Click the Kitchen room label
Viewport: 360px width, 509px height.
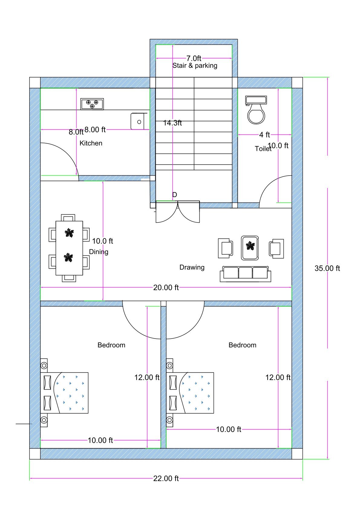click(91, 143)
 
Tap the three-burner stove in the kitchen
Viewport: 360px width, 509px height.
click(92, 104)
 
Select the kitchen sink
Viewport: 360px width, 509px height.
click(139, 122)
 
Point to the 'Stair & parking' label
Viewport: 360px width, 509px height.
click(195, 66)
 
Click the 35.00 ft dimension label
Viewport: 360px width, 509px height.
click(327, 268)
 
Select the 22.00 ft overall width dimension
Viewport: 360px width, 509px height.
click(166, 478)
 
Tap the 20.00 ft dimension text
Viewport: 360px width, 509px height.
click(166, 287)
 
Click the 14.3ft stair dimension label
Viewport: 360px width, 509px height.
click(172, 123)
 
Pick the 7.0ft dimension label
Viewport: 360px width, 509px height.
click(194, 58)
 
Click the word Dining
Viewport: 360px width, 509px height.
click(99, 252)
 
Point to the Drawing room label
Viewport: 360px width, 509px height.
click(192, 267)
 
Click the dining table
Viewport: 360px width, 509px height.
click(69, 248)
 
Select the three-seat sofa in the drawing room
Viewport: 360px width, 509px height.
click(245, 274)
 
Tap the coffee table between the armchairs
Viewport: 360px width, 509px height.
click(250, 248)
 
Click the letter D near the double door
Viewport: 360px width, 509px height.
click(175, 195)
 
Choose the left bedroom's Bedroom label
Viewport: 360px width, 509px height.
click(111, 345)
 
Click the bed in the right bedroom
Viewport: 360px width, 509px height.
click(190, 393)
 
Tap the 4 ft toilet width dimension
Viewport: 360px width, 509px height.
click(264, 135)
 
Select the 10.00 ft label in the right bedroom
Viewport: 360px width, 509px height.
click(228, 430)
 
